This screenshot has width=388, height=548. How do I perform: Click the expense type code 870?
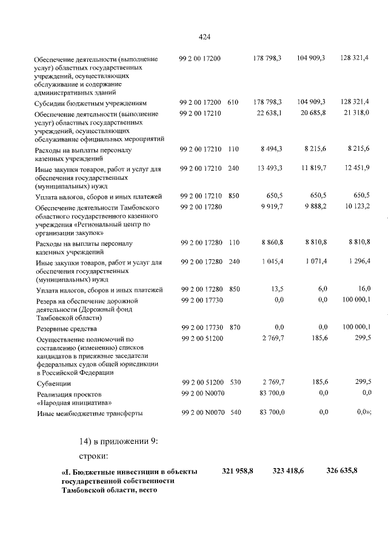[233, 328]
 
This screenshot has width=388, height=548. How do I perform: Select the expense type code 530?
[233, 383]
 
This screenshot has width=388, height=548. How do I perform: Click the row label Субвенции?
[53, 384]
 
